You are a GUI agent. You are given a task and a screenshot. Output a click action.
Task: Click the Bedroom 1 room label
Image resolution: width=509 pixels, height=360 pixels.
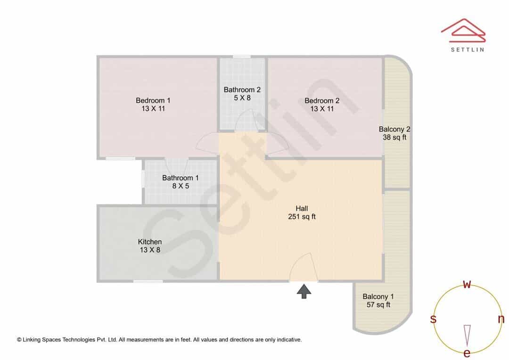point(153,105)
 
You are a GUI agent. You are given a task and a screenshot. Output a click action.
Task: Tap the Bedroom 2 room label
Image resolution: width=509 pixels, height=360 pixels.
point(322,105)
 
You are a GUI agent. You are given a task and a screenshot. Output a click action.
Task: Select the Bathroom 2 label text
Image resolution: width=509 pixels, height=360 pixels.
point(242,93)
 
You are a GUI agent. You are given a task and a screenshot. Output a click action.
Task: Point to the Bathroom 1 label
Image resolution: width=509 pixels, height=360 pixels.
point(181,182)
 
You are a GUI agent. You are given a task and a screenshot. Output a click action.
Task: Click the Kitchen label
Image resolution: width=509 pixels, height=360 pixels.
point(150,246)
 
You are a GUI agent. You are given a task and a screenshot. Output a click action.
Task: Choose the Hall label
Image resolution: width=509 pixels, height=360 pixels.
point(302,213)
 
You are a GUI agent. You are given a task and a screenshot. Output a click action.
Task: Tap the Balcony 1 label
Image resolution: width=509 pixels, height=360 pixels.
point(378,301)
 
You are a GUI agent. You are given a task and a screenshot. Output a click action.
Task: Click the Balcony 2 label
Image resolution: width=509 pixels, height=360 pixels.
point(394,133)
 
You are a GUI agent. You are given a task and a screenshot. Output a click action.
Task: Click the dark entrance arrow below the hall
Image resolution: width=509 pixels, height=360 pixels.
point(304,291)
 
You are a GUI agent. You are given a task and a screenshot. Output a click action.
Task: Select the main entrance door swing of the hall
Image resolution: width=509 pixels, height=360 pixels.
point(304,267)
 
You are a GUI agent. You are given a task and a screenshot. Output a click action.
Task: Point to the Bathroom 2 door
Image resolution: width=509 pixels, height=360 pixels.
point(246,120)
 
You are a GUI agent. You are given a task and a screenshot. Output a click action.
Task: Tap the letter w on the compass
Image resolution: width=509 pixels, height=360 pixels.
point(467,284)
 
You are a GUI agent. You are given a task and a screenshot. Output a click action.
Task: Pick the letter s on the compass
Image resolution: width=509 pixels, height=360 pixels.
point(433,319)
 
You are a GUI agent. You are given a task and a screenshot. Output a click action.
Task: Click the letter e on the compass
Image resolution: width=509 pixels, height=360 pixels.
point(467,353)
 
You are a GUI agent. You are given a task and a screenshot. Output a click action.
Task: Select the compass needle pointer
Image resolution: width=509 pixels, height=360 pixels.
point(467,335)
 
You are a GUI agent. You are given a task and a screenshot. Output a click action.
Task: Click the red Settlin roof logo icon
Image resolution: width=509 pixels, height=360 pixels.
point(463,31)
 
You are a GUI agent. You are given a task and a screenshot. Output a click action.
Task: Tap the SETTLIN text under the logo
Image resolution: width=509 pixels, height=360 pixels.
point(468,49)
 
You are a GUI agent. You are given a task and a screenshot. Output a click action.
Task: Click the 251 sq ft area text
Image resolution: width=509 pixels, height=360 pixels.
point(302,217)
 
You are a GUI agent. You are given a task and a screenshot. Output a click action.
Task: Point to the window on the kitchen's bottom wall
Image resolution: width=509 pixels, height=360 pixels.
point(148,281)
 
